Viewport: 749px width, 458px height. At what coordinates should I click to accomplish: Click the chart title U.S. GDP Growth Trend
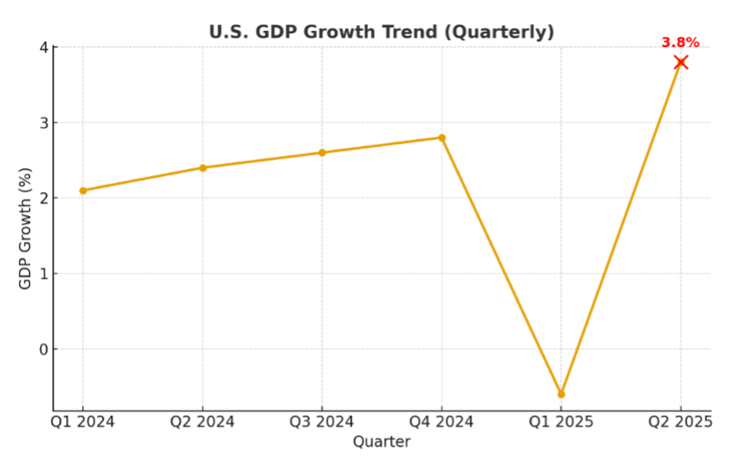click(382, 32)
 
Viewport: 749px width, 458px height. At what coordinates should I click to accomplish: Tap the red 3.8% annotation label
click(680, 42)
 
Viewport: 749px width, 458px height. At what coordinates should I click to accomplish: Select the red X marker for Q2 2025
click(681, 62)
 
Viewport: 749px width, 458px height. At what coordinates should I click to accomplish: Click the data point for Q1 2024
click(83, 190)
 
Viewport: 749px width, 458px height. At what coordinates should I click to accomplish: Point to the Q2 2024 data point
click(202, 168)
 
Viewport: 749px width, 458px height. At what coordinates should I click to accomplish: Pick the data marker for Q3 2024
click(322, 153)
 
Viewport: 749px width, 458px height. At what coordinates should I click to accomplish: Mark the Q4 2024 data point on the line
click(442, 137)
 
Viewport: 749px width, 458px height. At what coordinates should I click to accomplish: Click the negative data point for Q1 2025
click(561, 395)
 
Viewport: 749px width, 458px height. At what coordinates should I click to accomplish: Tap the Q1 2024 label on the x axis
click(83, 422)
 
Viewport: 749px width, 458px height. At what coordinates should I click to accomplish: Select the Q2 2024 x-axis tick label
click(202, 422)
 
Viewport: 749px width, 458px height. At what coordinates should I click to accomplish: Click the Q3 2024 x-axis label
click(322, 422)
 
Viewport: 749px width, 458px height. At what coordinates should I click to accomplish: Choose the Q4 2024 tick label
click(442, 422)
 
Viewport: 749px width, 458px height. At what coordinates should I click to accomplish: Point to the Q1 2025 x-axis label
click(561, 422)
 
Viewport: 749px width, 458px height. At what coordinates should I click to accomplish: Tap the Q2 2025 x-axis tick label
click(680, 422)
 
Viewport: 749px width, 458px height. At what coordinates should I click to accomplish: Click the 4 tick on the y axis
click(43, 47)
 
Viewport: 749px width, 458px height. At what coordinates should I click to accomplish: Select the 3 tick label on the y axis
click(43, 123)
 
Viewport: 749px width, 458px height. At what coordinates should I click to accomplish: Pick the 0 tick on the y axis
click(43, 349)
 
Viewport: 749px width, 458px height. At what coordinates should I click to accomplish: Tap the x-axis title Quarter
click(382, 442)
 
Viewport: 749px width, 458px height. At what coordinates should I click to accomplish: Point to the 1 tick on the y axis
click(43, 274)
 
